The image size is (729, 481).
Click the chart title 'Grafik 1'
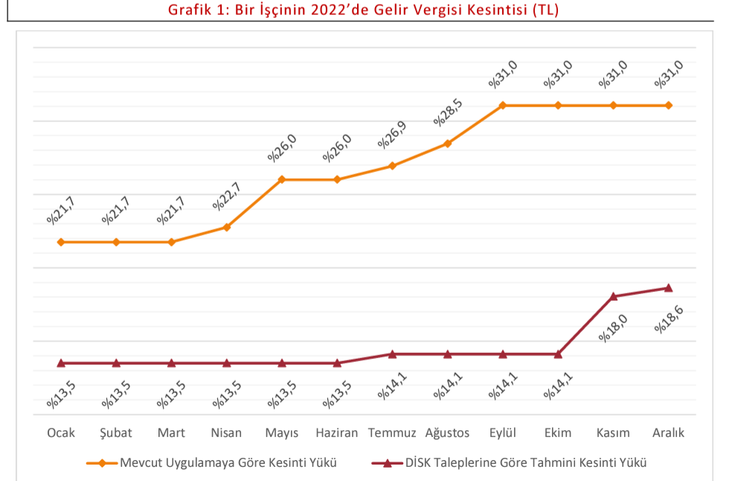364,11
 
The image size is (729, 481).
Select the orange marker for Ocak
61,242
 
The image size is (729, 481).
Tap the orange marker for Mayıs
282,179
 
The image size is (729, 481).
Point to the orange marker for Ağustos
448,143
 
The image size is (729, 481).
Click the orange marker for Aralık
668,105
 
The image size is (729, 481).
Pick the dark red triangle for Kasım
613,296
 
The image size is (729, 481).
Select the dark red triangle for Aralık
668,287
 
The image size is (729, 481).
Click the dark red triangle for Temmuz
392,354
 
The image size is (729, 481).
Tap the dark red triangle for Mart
171,363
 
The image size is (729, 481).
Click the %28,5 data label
449,112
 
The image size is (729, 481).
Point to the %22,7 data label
228,196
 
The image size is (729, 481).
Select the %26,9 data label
394,135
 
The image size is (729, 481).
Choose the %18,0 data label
614,328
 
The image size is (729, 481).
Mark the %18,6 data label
669,319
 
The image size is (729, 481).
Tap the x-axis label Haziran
337,433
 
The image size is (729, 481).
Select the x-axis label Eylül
503,433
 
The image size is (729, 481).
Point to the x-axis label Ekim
558,433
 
